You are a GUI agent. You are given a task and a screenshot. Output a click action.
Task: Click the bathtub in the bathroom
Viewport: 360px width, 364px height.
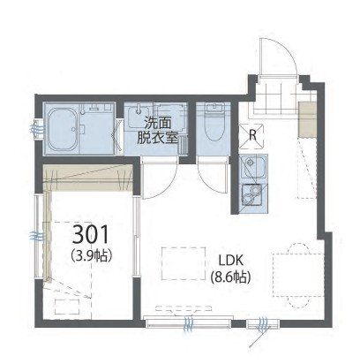pyautogui.click(x=63, y=129)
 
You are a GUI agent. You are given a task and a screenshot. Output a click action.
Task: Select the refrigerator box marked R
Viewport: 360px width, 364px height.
pyautogui.click(x=252, y=135)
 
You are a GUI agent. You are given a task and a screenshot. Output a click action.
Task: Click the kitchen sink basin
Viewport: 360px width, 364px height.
pyautogui.click(x=253, y=167)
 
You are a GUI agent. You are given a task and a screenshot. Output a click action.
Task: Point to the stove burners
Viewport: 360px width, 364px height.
pyautogui.click(x=253, y=194)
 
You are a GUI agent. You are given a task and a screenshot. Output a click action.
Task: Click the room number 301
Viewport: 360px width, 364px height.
pyautogui.click(x=90, y=235)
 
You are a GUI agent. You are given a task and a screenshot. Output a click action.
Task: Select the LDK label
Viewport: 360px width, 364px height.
pyautogui.click(x=230, y=260)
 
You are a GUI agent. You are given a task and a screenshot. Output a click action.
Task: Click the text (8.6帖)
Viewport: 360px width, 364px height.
pyautogui.click(x=230, y=277)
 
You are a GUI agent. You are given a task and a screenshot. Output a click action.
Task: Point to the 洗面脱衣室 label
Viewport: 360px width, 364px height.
pyautogui.click(x=158, y=131)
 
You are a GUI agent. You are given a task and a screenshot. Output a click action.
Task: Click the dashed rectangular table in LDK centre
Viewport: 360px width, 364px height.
pyautogui.click(x=184, y=263)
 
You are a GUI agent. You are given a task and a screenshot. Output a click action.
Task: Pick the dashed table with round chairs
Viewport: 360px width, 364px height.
pyautogui.click(x=298, y=275)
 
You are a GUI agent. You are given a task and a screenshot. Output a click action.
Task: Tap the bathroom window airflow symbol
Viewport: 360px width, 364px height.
pyautogui.click(x=36, y=129)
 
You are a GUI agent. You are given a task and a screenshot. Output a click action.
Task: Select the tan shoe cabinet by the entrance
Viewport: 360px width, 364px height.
pyautogui.click(x=308, y=119)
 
